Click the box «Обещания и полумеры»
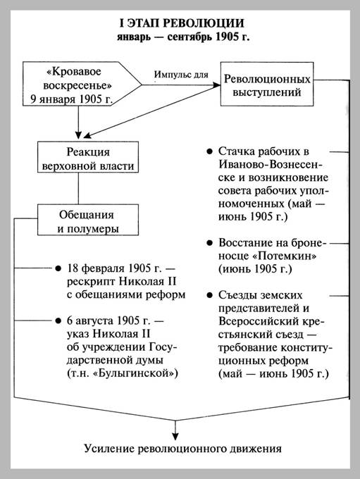[87, 220]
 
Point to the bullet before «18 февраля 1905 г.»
[58, 269]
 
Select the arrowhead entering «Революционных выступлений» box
[216, 84]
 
